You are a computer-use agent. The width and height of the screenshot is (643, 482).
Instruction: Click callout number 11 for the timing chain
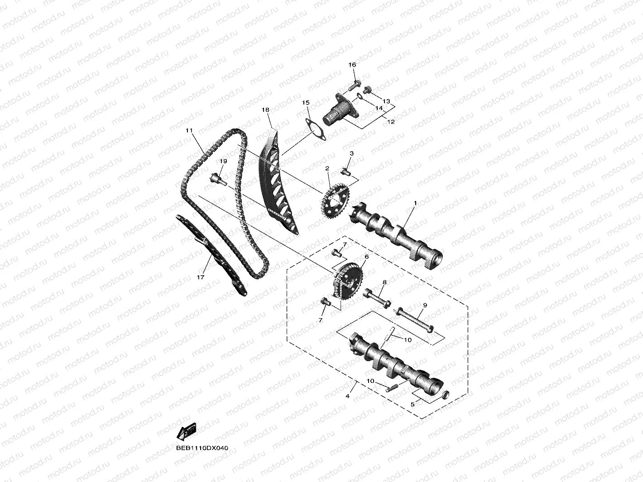click(x=189, y=130)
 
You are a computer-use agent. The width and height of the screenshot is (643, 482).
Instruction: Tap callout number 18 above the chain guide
click(x=265, y=110)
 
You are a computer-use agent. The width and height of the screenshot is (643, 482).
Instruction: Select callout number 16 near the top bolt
click(x=352, y=65)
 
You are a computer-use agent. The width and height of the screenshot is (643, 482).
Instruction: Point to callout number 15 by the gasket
click(x=306, y=103)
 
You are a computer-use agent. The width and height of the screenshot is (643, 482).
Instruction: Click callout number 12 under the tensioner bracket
click(x=391, y=122)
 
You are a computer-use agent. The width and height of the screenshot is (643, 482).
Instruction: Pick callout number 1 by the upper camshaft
click(x=414, y=204)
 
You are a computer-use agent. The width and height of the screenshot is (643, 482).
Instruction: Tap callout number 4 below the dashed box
click(x=347, y=396)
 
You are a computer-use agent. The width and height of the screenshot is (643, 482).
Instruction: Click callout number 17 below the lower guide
click(x=201, y=277)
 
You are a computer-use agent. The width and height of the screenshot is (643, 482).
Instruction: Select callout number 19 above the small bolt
click(x=223, y=162)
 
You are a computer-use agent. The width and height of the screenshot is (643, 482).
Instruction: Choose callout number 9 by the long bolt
click(x=425, y=305)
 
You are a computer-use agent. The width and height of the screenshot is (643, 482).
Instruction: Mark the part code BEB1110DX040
click(x=203, y=448)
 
